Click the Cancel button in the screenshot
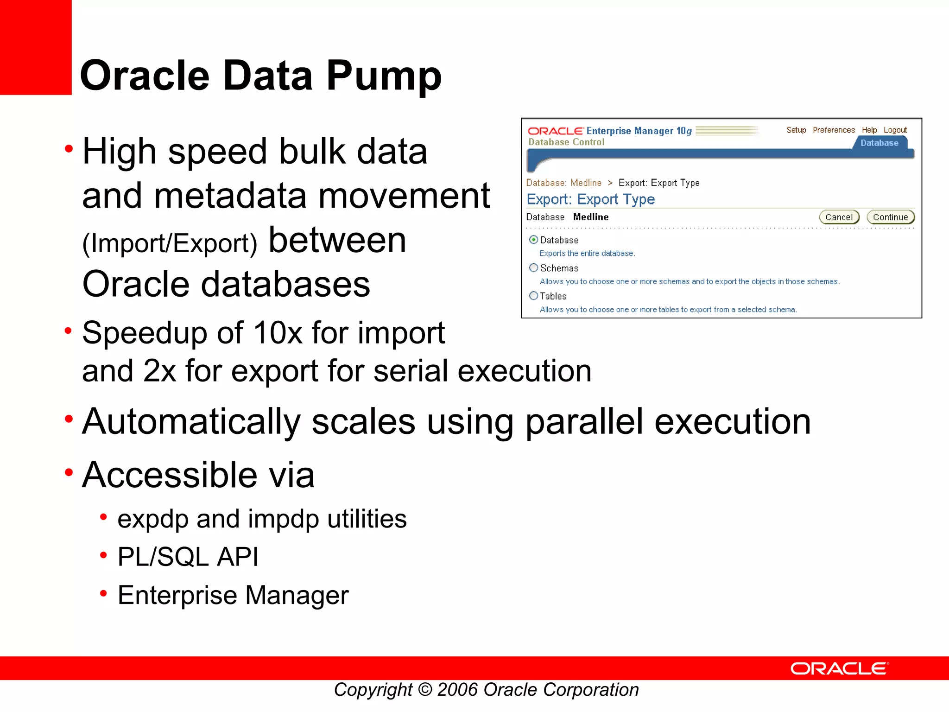839,217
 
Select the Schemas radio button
533,268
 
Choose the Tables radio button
533,296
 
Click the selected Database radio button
533,240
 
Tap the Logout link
895,130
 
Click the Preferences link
834,130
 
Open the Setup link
796,130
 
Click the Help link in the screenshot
869,130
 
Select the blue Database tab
879,143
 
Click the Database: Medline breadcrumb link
563,183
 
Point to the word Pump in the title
384,76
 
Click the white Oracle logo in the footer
839,668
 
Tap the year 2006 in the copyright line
457,690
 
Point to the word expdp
153,519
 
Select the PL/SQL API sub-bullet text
188,557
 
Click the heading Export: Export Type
591,199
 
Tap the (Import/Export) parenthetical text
170,243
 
